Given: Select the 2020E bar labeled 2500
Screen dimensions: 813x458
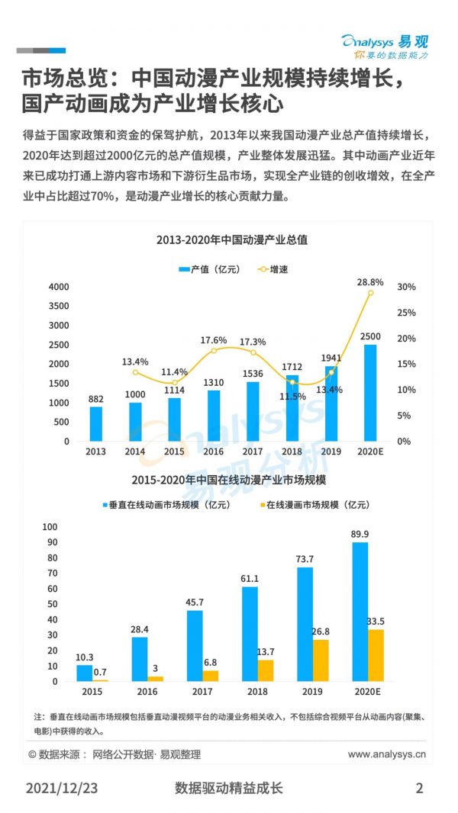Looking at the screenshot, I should click(x=370, y=393).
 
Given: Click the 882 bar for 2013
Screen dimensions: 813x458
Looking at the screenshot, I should click(x=95, y=424).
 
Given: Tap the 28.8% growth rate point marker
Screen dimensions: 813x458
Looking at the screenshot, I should click(x=370, y=293).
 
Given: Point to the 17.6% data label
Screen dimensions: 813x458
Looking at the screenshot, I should click(x=214, y=339).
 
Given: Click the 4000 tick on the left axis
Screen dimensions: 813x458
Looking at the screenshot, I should click(x=58, y=287).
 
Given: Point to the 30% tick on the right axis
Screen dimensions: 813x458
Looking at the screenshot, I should click(x=406, y=287).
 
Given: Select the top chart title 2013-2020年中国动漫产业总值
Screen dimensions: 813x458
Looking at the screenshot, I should click(x=231, y=240).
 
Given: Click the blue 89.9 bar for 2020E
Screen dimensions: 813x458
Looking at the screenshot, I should click(x=360, y=612).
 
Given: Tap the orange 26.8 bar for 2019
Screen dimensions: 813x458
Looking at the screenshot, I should click(x=321, y=660).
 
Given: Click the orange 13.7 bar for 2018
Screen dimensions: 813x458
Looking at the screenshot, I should click(x=266, y=670).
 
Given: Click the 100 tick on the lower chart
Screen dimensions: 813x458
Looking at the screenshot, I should click(x=50, y=526).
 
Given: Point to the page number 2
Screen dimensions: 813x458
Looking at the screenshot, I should click(x=419, y=788).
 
